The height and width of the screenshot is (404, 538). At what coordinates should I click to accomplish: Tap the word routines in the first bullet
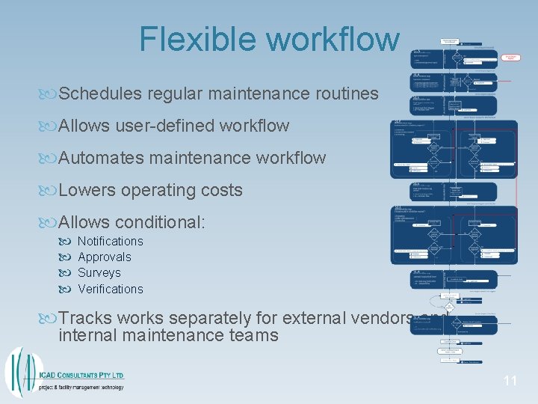click(x=347, y=94)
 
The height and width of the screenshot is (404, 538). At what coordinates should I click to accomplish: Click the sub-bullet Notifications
click(x=110, y=241)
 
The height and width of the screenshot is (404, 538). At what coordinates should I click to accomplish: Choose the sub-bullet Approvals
click(x=104, y=257)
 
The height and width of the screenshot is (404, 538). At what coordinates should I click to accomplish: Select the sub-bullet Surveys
click(x=99, y=273)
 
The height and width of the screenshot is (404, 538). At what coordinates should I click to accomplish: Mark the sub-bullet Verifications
click(x=110, y=289)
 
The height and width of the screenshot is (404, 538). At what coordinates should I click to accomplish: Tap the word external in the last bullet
click(x=318, y=319)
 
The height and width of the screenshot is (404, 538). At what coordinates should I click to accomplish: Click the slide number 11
click(x=510, y=381)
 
